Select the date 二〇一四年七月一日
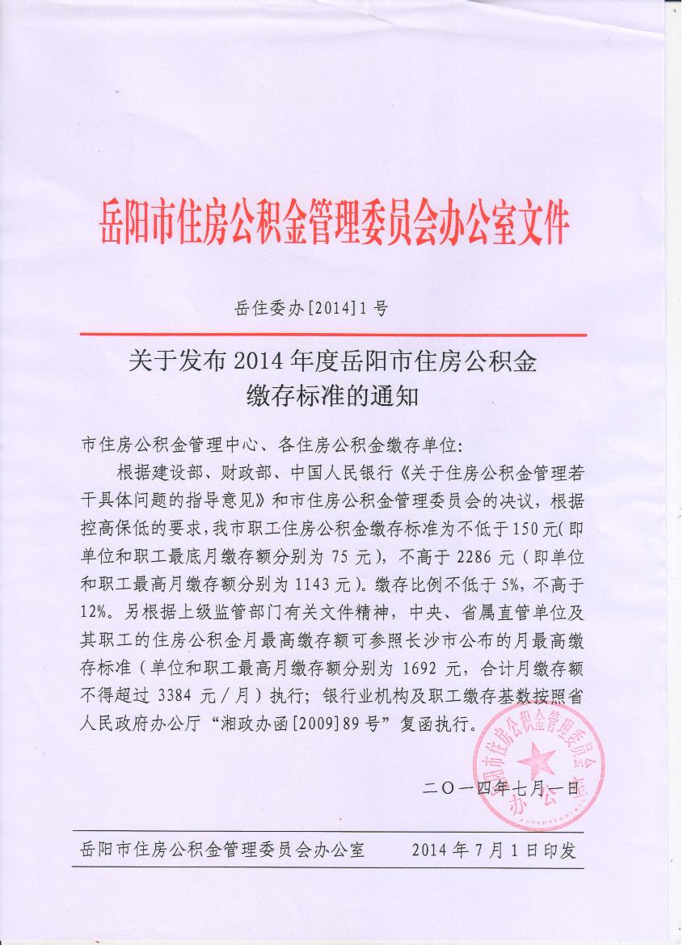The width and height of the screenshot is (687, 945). pos(501,787)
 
